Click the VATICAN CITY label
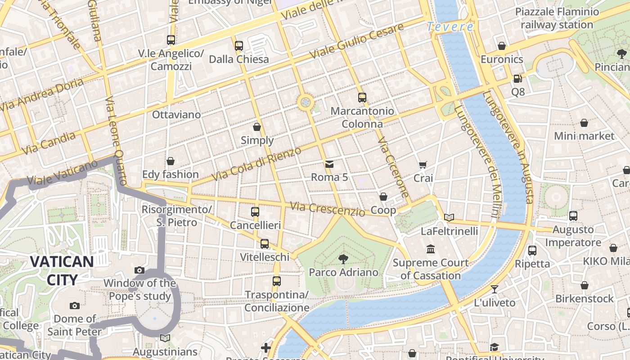62,270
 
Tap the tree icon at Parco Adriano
343,259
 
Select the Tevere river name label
450,27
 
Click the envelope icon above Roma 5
329,164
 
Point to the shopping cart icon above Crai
423,165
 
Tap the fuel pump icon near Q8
518,78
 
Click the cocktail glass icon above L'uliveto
495,289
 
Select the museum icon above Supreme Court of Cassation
431,249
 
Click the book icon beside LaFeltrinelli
449,218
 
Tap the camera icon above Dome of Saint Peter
75,306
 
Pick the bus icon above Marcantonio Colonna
362,97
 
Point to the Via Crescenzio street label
327,209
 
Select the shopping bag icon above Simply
257,127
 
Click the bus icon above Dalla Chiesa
239,45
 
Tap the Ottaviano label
176,115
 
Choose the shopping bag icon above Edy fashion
171,161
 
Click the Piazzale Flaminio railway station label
557,18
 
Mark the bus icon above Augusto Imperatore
573,216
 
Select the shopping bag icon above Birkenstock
584,285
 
